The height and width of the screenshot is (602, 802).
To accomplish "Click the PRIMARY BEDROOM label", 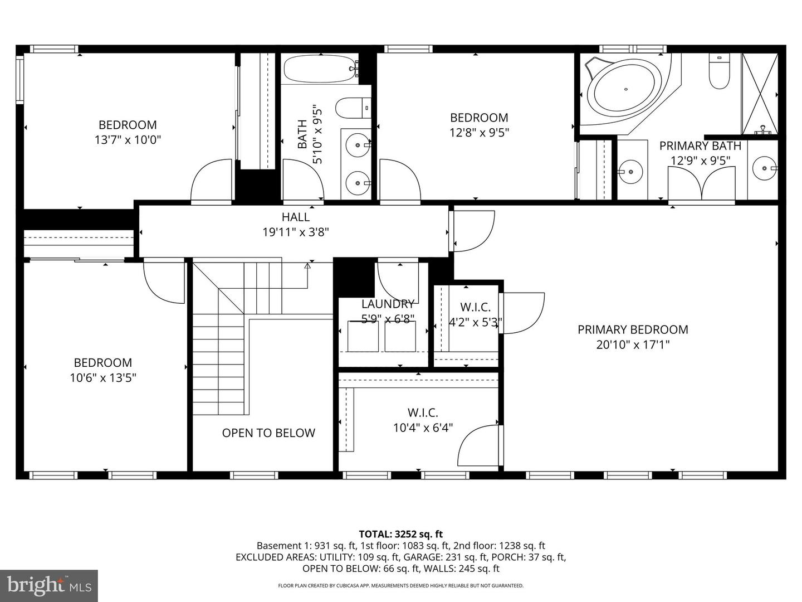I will click(633, 329).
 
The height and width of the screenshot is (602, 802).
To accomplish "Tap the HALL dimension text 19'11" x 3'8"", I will click(295, 232).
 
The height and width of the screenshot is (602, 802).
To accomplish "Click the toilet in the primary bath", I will click(719, 72).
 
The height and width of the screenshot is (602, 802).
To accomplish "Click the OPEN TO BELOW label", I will click(268, 433).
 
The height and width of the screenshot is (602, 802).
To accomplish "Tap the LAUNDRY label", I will click(388, 304).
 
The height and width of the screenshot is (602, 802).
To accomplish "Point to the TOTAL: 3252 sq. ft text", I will click(400, 534).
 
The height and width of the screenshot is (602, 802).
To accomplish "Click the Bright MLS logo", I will click(49, 585).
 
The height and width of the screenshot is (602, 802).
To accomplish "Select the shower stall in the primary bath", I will click(759, 94).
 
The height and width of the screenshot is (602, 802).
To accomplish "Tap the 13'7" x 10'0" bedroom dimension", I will click(128, 139).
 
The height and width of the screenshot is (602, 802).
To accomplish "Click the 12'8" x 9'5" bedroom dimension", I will click(479, 132).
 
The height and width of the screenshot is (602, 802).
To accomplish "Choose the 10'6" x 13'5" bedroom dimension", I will click(103, 378).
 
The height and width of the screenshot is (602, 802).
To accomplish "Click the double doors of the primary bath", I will click(702, 184).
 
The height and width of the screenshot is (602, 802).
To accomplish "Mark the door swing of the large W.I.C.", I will click(479, 446).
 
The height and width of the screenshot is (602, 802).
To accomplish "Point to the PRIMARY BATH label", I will click(700, 146).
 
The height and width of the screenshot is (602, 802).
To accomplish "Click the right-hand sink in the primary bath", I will click(762, 167).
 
